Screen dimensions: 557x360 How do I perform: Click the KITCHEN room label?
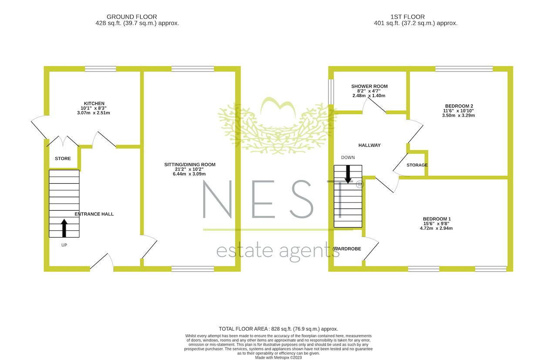click(94, 104)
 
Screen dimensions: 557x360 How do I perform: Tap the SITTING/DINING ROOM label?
click(190, 165)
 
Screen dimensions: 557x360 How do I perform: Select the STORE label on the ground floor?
click(63, 159)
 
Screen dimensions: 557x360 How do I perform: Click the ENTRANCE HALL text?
click(94, 214)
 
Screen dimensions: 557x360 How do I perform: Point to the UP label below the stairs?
click(64, 245)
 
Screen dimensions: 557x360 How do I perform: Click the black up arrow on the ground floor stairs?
click(64, 228)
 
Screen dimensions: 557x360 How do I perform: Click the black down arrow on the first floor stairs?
click(348, 174)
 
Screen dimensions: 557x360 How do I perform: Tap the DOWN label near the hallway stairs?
click(348, 158)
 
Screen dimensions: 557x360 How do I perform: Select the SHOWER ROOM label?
click(369, 86)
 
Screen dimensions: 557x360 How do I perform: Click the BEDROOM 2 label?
click(459, 106)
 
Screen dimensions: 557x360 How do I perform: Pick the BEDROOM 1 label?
click(436, 219)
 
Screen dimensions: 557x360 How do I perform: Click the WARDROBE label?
click(347, 249)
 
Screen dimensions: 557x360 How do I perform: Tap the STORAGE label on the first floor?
click(417, 165)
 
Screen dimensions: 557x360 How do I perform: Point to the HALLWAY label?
click(369, 145)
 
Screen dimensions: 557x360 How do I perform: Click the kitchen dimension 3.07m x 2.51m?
click(94, 113)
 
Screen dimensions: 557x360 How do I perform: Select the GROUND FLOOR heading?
click(132, 17)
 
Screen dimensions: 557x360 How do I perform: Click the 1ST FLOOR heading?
click(408, 17)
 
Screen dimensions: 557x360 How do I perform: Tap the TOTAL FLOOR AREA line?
click(278, 329)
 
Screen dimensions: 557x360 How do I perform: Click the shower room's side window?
click(331, 92)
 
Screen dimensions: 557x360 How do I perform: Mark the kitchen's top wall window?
click(101, 69)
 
